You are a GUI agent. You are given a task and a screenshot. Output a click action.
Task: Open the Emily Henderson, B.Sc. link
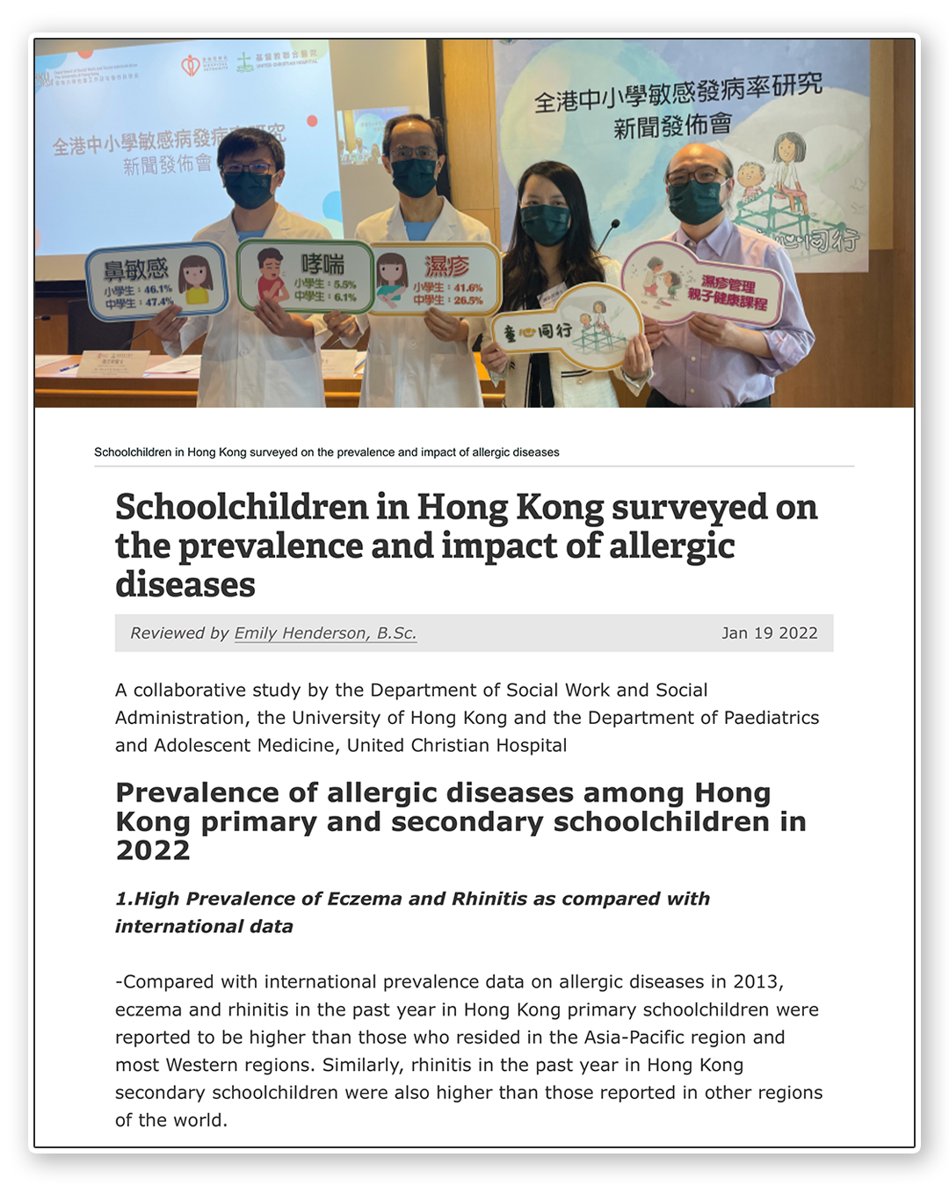[325, 633]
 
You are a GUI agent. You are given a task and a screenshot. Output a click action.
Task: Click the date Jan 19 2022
[769, 633]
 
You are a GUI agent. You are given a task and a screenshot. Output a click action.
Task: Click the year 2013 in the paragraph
[753, 981]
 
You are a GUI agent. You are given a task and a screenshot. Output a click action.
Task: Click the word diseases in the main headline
[185, 585]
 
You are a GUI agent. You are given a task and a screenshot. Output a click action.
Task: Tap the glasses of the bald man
[694, 175]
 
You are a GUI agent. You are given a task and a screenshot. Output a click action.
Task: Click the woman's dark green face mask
[546, 224]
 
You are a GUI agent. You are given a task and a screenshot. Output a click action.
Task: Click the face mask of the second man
[414, 176]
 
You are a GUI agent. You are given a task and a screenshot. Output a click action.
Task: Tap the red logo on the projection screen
[190, 65]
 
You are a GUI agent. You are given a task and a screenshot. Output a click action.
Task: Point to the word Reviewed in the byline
[167, 633]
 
